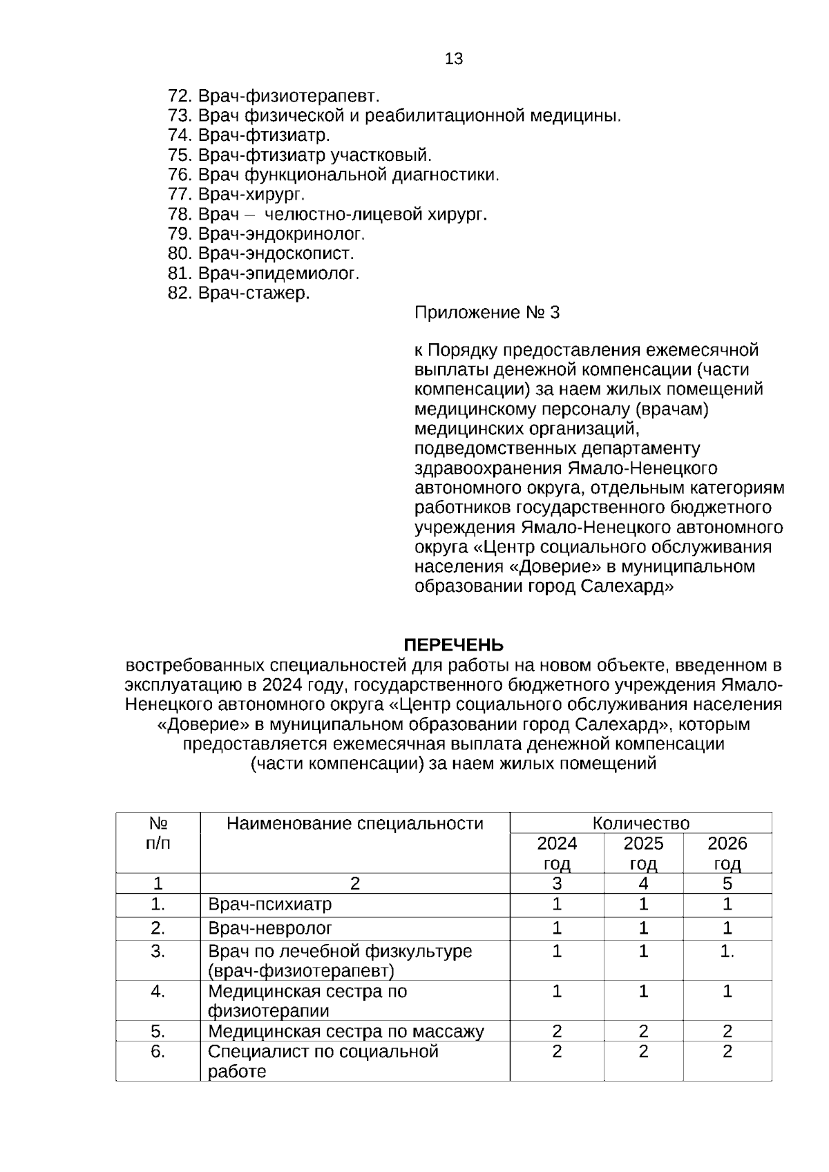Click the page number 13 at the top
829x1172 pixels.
pyautogui.click(x=454, y=59)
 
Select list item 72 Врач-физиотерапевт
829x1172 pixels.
pyautogui.click(x=274, y=96)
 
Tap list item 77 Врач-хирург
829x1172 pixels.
pyautogui.click(x=236, y=195)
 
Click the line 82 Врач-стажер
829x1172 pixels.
pyautogui.click(x=239, y=294)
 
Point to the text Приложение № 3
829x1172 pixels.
pyautogui.click(x=487, y=313)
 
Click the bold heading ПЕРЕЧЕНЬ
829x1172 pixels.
pyautogui.click(x=453, y=645)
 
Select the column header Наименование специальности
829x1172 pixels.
pyautogui.click(x=355, y=823)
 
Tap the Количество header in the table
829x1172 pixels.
pyautogui.click(x=640, y=823)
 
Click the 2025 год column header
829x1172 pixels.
pyautogui.click(x=643, y=854)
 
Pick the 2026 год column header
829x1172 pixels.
pyautogui.click(x=727, y=854)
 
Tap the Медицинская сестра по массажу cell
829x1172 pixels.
pyautogui.click(x=346, y=1032)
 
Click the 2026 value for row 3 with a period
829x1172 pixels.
pyautogui.click(x=727, y=952)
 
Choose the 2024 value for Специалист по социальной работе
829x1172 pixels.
pyautogui.click(x=557, y=1052)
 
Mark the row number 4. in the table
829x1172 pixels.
pyautogui.click(x=158, y=992)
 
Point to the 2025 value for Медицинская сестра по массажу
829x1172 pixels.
pyautogui.click(x=643, y=1032)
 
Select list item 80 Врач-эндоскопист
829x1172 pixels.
pyautogui.click(x=261, y=253)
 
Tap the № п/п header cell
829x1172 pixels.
pyautogui.click(x=158, y=834)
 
